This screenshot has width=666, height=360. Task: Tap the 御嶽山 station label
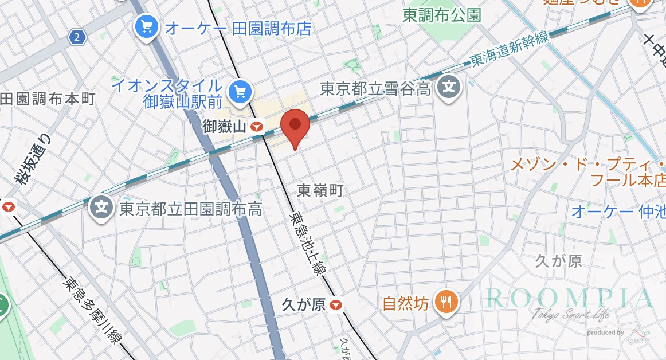tap(226, 127)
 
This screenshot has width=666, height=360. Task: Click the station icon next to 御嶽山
tap(258, 127)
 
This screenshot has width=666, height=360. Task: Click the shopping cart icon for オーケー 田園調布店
tap(146, 26)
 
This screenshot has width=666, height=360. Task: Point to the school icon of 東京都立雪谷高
tap(449, 88)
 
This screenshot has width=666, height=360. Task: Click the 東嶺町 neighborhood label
tap(320, 190)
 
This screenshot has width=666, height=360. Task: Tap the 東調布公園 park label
tap(441, 15)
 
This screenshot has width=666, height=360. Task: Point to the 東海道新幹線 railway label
tap(508, 50)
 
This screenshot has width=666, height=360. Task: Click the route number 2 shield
tap(77, 38)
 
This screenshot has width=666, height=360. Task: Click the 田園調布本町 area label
tap(48, 99)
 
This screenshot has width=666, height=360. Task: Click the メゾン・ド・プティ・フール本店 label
tap(587, 173)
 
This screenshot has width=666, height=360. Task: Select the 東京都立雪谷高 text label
tap(375, 89)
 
